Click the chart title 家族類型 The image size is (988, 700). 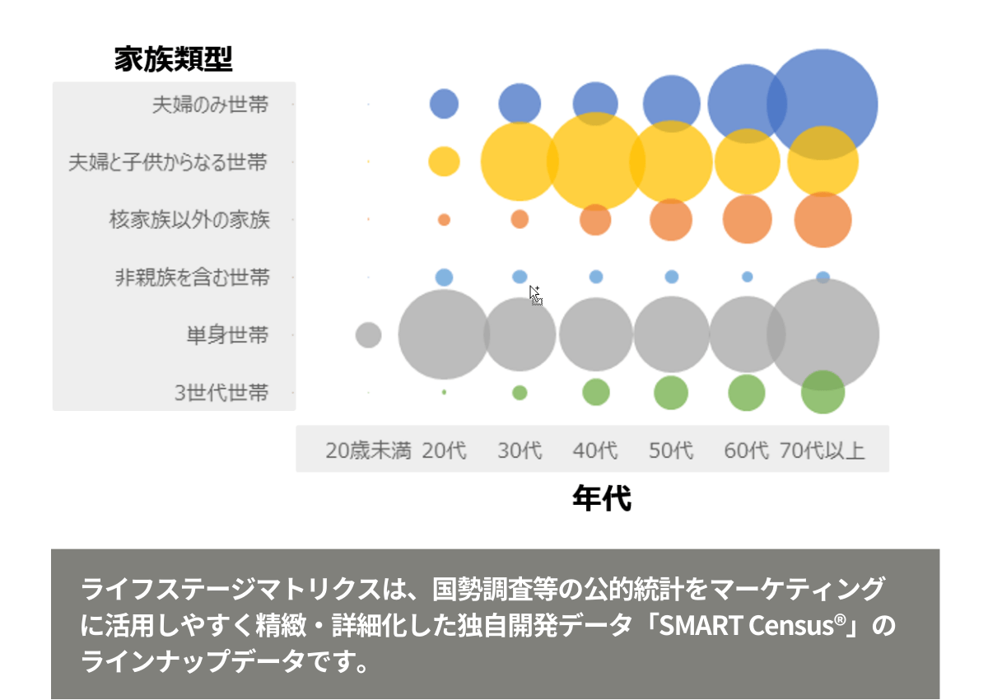(174, 58)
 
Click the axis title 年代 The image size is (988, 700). (602, 498)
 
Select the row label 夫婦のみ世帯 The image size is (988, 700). (211, 105)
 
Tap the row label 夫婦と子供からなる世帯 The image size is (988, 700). (168, 162)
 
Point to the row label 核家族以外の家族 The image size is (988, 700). (189, 219)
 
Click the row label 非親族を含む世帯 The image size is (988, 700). (193, 277)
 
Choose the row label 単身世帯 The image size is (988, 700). (227, 335)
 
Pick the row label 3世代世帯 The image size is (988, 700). (221, 392)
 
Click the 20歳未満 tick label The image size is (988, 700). (368, 450)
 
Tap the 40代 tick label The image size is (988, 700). (595, 450)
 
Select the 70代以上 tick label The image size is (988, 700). (823, 450)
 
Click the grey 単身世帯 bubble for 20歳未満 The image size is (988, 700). (368, 335)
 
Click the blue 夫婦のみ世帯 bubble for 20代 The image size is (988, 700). (444, 104)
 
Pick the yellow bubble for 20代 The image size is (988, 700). (444, 161)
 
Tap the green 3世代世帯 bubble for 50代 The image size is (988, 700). (671, 393)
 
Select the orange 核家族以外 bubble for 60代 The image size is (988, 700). (748, 219)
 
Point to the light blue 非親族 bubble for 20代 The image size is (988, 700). (444, 277)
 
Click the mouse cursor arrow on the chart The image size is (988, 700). (535, 295)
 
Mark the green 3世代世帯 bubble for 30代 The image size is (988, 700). (520, 393)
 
